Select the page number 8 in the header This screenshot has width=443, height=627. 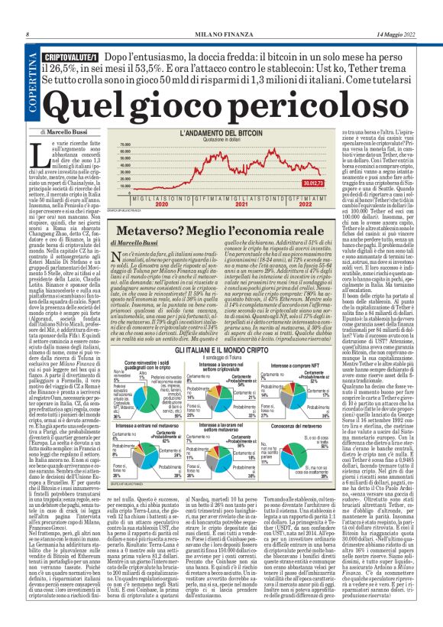27,34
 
